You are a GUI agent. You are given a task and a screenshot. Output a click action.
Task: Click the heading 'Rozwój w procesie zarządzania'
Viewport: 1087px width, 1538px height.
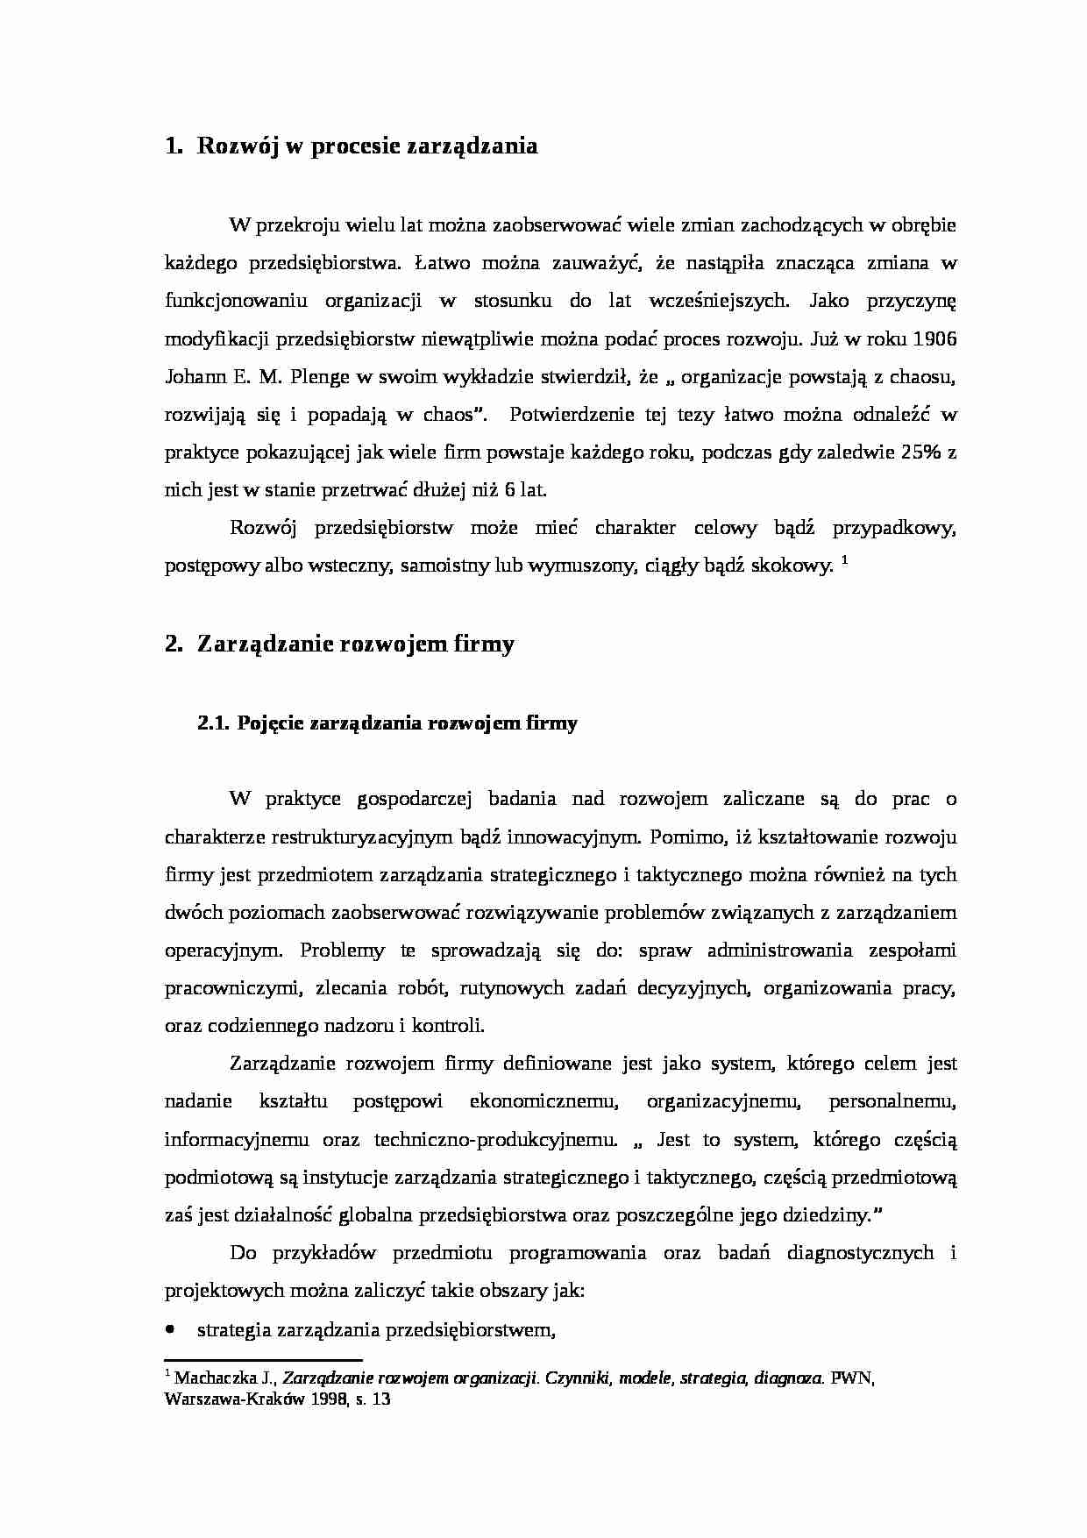pyautogui.click(x=366, y=146)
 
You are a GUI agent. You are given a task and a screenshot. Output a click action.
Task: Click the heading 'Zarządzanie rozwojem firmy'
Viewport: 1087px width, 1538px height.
pyautogui.click(x=355, y=644)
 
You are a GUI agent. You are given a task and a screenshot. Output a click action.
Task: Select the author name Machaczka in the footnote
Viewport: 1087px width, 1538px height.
pyautogui.click(x=210, y=1378)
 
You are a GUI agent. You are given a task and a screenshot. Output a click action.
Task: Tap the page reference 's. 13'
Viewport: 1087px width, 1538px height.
pyautogui.click(x=372, y=1399)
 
